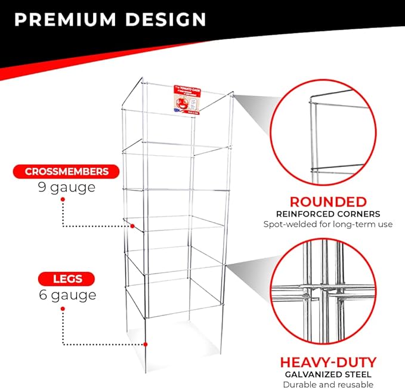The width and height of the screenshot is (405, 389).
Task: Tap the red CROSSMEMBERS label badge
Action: coord(67,172)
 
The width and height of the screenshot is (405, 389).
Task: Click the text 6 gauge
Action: coord(66,295)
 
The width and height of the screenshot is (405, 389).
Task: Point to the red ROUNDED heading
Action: coord(327,201)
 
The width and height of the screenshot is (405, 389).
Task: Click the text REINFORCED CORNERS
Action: coord(327,214)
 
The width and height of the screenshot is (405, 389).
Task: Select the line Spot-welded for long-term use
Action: coord(327,225)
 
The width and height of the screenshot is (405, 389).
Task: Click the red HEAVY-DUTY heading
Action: coord(327,362)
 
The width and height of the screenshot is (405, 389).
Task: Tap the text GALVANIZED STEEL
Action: coord(327,373)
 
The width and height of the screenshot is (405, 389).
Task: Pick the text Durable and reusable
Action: coord(327,384)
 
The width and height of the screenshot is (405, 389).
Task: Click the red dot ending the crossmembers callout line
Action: coord(134,226)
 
